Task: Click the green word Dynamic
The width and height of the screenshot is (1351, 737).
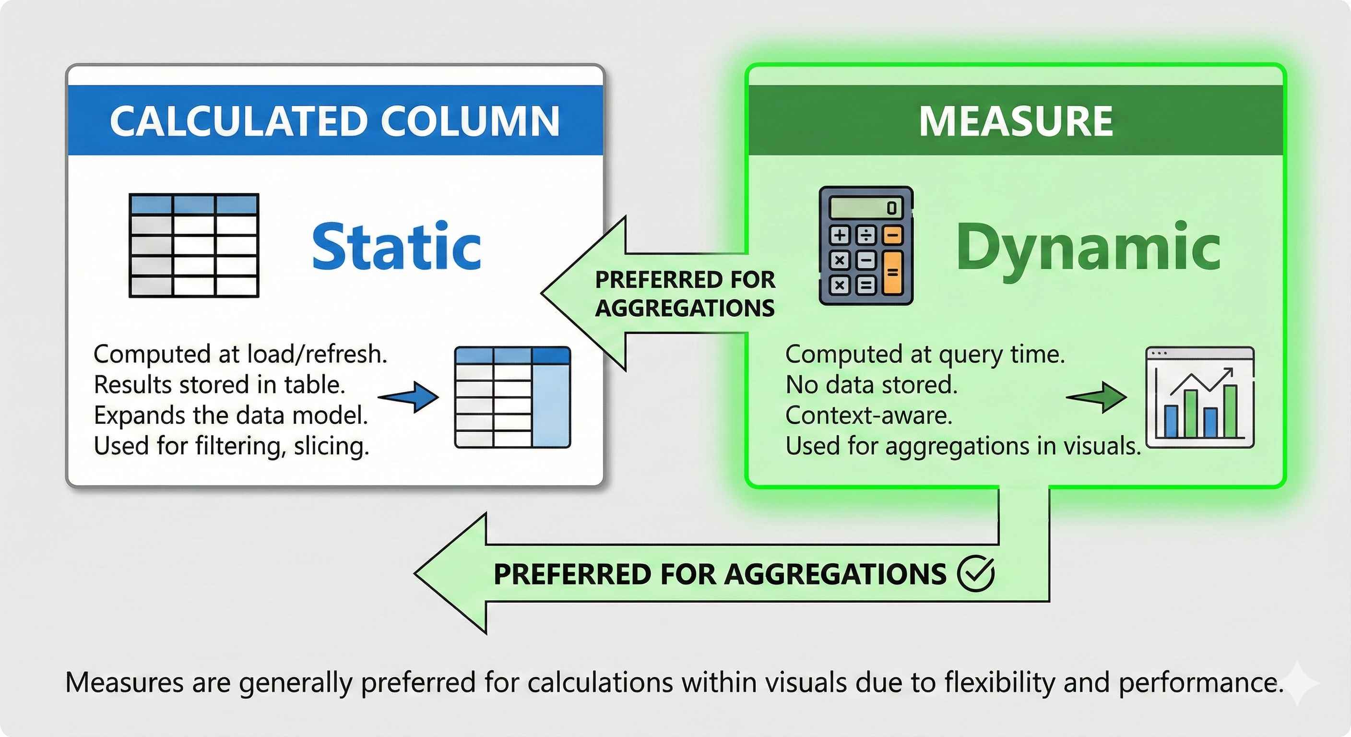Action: click(1088, 247)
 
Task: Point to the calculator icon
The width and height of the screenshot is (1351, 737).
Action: click(866, 246)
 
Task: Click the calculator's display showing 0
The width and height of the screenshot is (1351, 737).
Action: click(865, 208)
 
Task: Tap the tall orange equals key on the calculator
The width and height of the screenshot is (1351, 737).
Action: click(893, 272)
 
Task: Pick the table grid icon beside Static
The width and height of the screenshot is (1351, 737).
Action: click(194, 245)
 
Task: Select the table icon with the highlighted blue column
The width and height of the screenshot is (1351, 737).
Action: click(512, 397)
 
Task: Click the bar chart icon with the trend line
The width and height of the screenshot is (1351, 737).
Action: click(1200, 397)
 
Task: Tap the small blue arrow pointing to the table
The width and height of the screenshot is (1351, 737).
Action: click(409, 397)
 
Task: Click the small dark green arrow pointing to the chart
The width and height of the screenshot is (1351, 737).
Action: click(1097, 397)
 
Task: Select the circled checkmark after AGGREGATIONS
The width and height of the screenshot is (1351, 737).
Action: click(975, 573)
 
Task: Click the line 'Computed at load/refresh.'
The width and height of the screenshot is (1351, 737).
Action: click(240, 354)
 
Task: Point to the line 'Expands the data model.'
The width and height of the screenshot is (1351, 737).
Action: click(231, 416)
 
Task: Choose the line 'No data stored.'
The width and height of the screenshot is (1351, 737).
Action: click(871, 385)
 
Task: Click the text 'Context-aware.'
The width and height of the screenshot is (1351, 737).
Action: click(868, 416)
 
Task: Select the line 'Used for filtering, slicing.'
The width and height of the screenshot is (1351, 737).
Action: click(231, 446)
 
